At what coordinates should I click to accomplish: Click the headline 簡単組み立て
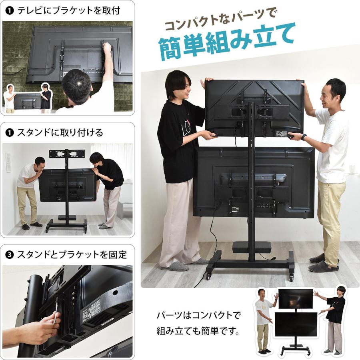pos(226,43)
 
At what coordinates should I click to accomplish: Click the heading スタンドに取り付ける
pos(60,132)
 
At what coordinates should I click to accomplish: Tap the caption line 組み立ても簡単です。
pos(198,332)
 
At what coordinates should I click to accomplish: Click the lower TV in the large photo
pos(254,182)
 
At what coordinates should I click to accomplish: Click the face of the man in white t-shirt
pos(332,93)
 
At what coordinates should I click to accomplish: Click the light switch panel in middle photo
pos(8,163)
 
